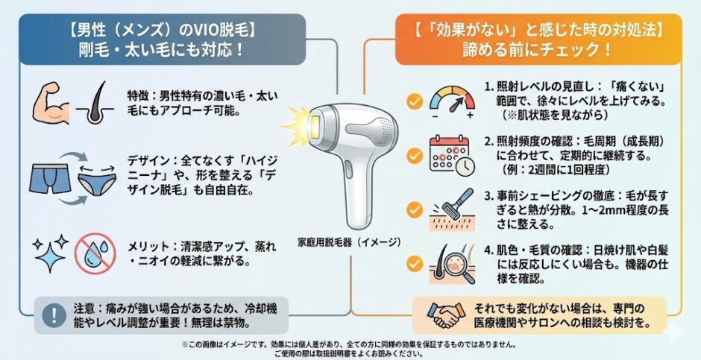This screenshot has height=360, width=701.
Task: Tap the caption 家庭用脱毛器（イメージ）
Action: tap(349, 242)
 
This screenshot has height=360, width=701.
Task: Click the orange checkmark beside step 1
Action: tap(415, 102)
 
